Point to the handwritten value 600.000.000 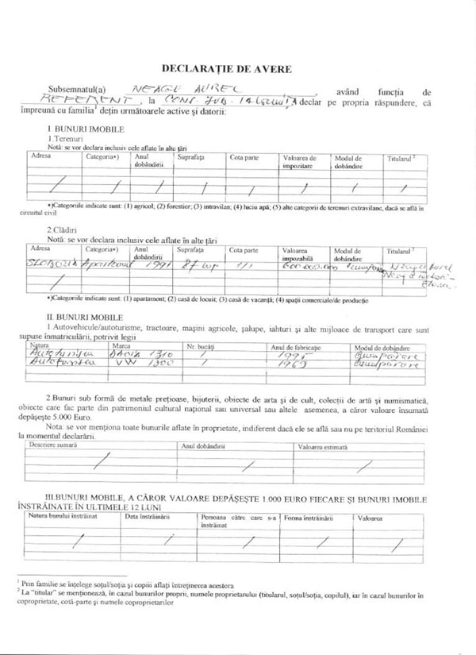pos(303,268)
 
